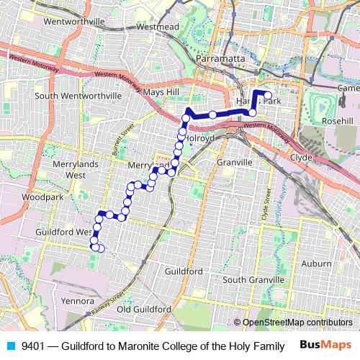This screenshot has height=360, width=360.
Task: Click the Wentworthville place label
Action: point(75,22)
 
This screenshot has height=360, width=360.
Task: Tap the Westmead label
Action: point(156,27)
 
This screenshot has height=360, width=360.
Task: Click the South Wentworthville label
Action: point(78,95)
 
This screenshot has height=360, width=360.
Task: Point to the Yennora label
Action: point(78,300)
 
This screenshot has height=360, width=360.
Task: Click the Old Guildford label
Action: point(144,308)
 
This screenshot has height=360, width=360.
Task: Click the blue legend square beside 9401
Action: point(11,346)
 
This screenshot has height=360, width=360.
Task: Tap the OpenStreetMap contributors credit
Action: point(297,322)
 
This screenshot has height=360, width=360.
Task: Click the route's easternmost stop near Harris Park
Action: point(267,96)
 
